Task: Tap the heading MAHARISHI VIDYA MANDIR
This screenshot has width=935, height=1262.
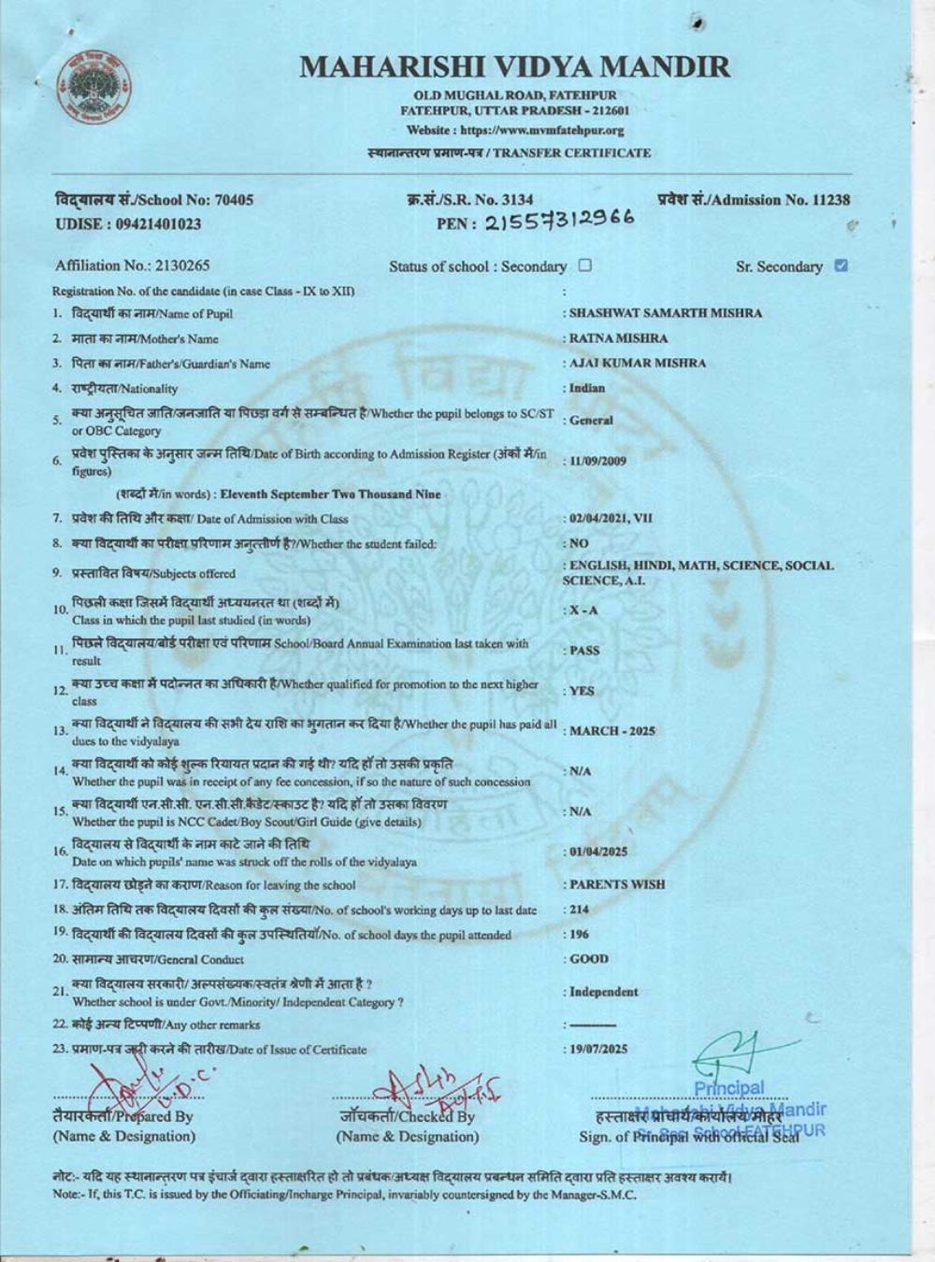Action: click(515, 67)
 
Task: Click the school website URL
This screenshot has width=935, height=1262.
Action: click(515, 131)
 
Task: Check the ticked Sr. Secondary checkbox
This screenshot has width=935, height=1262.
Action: click(840, 265)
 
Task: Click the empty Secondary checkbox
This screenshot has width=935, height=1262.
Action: click(585, 265)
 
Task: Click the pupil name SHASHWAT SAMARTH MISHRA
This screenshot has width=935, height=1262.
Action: click(665, 313)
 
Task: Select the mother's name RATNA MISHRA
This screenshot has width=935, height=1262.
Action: click(618, 338)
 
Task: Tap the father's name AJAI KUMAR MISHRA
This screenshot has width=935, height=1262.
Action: click(638, 363)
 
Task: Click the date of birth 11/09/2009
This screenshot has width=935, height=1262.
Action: click(598, 461)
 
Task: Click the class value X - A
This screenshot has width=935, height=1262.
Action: click(584, 610)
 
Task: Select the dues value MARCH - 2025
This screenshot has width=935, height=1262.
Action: click(612, 731)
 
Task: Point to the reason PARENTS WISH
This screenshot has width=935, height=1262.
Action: click(617, 884)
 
